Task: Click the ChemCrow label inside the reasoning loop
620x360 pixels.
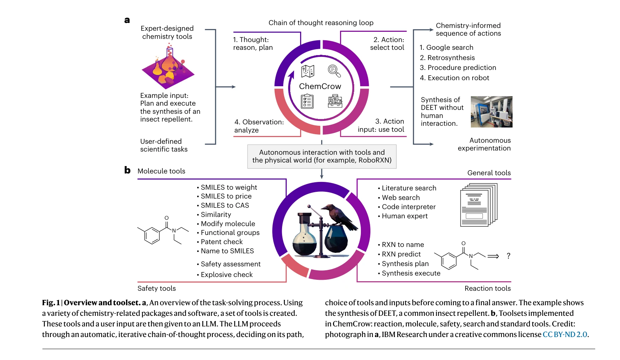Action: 320,86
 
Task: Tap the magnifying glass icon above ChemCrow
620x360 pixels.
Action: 334,71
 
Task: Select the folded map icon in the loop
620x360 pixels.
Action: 308,71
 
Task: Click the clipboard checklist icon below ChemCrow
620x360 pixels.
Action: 307,101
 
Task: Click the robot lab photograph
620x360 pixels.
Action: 491,112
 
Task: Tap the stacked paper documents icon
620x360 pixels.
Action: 478,205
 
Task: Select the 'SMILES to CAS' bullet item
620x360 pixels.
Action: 224,205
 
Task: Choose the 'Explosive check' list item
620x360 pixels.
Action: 226,275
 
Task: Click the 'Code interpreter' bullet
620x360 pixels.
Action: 408,207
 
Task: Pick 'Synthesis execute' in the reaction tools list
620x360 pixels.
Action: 411,273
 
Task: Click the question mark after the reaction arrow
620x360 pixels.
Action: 508,256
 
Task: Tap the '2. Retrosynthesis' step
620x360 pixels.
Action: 447,58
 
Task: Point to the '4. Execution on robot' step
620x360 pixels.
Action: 454,78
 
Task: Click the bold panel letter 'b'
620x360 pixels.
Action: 127,170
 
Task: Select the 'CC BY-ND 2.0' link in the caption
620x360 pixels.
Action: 565,334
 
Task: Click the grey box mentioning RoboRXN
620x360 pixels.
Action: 322,156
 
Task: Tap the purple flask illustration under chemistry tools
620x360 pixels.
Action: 168,67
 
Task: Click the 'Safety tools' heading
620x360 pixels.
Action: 157,288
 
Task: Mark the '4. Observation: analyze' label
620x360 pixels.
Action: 259,126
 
